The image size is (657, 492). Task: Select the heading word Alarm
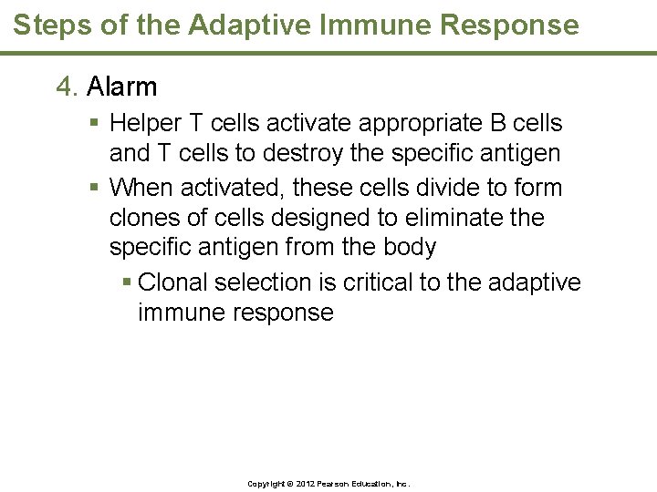(x=122, y=87)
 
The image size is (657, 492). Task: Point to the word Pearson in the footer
(x=336, y=484)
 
